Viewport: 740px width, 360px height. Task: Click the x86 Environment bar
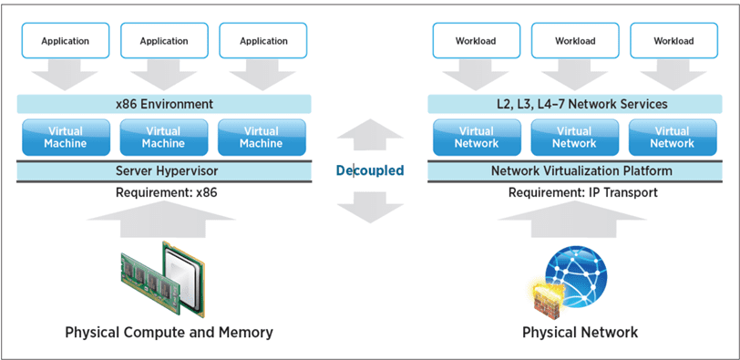(163, 104)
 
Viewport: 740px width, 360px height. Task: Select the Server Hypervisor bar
(163, 170)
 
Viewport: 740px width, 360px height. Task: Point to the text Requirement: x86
(163, 192)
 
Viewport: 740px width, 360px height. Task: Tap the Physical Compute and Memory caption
(169, 333)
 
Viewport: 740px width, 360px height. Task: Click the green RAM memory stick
(146, 273)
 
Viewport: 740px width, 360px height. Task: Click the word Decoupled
(369, 170)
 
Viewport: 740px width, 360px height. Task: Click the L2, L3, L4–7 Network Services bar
(574, 104)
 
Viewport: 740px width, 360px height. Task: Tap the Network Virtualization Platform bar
(574, 170)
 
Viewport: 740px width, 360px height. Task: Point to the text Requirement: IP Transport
(574, 192)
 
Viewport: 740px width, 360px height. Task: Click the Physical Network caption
(580, 333)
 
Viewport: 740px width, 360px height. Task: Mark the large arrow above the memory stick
(163, 221)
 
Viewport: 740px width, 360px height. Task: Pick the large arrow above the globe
(574, 221)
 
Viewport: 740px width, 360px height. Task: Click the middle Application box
(163, 41)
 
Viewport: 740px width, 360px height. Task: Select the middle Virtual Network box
(574, 137)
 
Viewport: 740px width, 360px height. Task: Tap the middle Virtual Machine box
(163, 137)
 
